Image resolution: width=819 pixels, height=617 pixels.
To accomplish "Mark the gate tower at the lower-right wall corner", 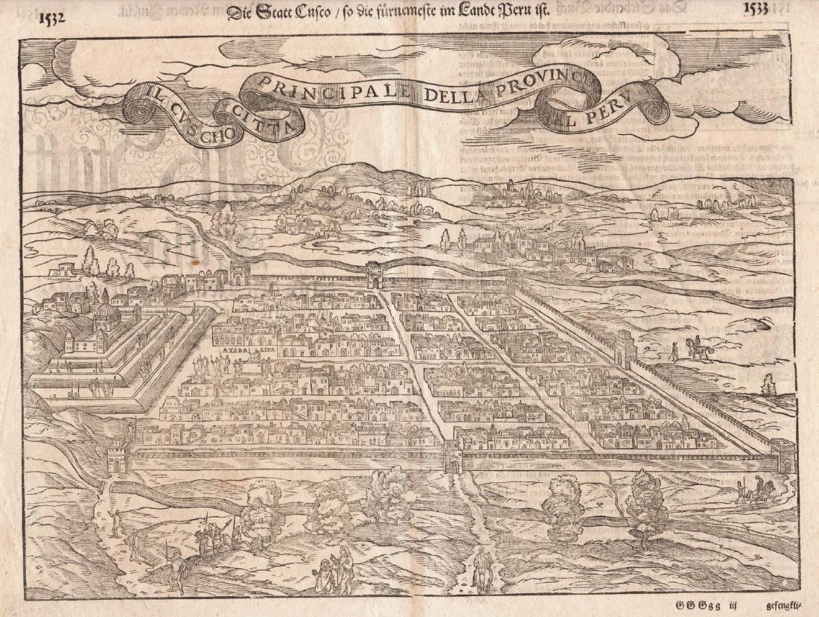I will pos(783,455).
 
